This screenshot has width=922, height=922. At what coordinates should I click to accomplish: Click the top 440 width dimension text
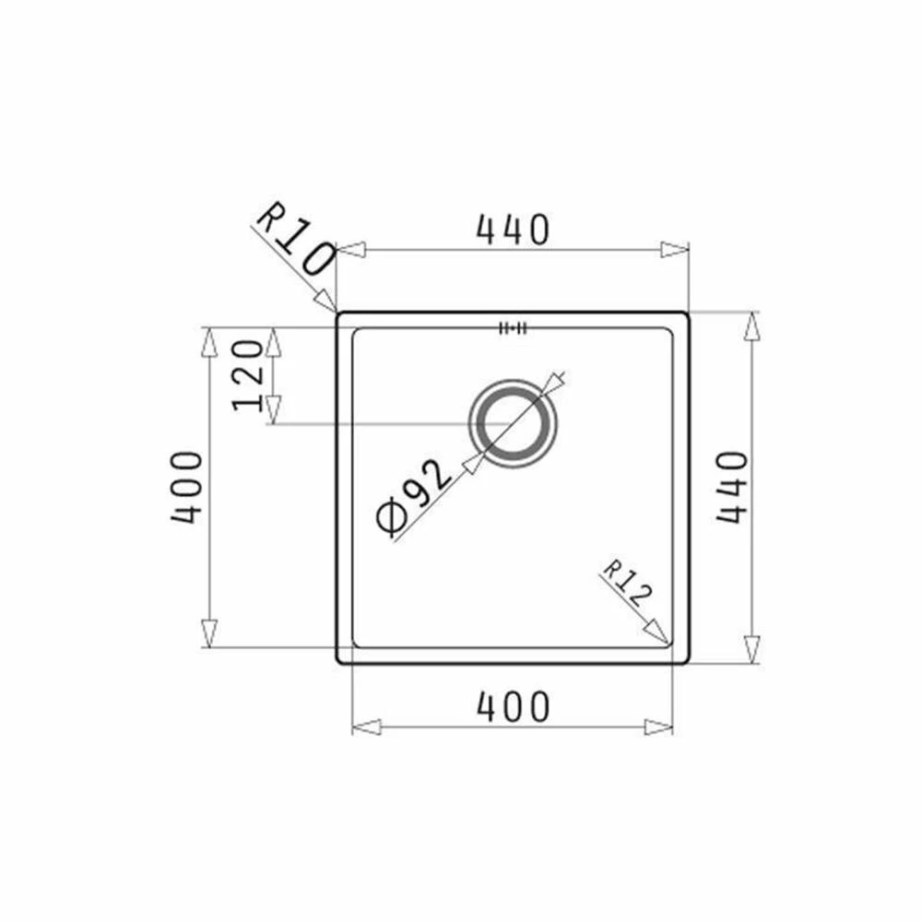513,230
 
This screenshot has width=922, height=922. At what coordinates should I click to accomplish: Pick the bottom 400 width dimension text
513,707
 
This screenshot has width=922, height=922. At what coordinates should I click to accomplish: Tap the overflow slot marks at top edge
512,327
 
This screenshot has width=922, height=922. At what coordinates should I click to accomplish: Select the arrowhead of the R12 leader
656,633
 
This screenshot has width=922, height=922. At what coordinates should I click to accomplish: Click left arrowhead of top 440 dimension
351,250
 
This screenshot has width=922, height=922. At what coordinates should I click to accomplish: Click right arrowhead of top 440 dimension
675,250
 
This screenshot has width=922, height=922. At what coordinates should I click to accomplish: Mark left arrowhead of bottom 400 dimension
366,727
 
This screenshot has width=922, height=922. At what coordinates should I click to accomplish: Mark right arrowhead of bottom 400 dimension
659,727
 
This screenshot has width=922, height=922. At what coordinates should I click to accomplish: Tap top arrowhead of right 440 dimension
753,325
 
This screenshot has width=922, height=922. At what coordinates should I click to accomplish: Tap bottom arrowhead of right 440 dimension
753,649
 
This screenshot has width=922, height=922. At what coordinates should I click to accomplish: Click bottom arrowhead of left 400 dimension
209,633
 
